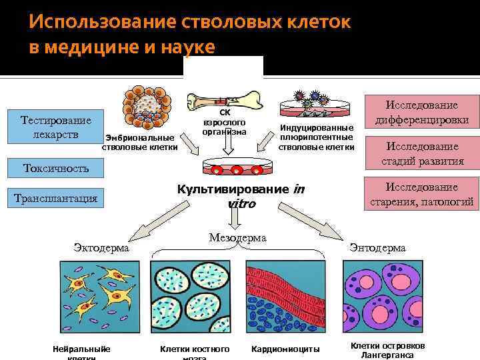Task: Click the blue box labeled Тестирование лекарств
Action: coord(56,127)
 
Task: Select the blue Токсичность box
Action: coord(56,168)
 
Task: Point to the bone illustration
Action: coord(224,100)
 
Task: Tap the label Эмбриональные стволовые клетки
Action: coord(140,142)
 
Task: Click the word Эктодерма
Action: coord(102,248)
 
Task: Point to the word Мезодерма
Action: coord(237,237)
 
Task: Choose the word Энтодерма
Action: coord(377,248)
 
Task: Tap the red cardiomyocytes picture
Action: coord(288,296)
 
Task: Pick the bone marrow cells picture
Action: coord(194,296)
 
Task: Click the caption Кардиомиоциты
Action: coord(285,349)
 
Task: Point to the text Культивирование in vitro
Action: coord(241,196)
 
